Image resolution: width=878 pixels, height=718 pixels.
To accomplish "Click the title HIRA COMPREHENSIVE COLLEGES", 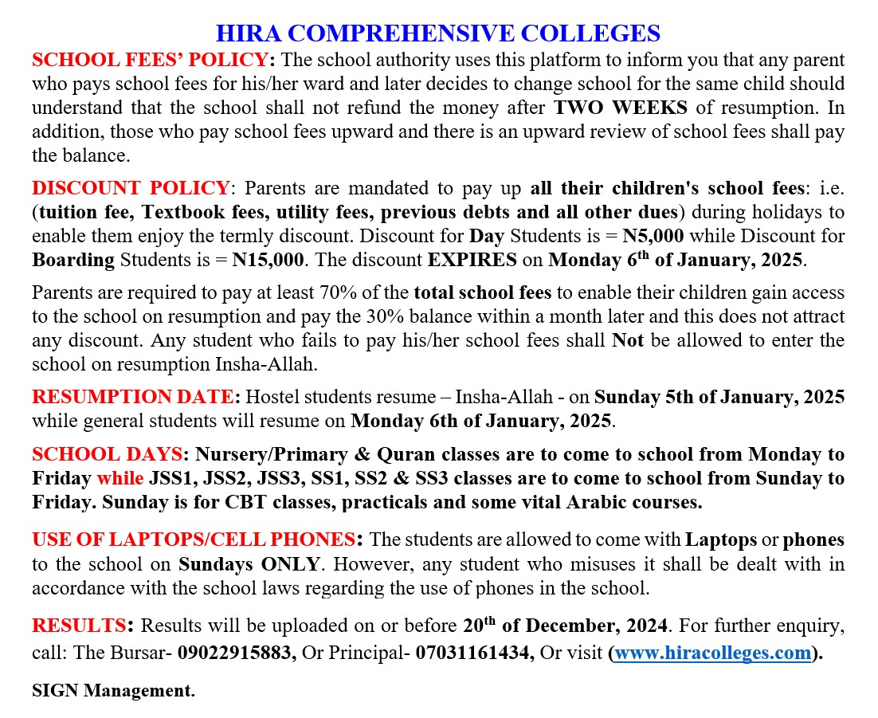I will point(438,33).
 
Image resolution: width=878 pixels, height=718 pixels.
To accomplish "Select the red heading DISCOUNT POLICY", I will point(131,189).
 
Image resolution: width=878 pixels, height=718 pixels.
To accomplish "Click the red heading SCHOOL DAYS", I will point(107,455).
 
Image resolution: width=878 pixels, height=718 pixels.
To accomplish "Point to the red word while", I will point(120,479).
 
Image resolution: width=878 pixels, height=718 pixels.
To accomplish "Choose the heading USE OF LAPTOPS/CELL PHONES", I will point(193,539).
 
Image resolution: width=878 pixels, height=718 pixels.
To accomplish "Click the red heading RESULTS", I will point(79,624).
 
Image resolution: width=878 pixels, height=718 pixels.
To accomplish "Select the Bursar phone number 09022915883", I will point(237,653).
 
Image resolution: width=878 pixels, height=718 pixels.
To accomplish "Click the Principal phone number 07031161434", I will point(475,653).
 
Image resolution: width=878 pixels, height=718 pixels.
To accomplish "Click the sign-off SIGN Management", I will point(113,690).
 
